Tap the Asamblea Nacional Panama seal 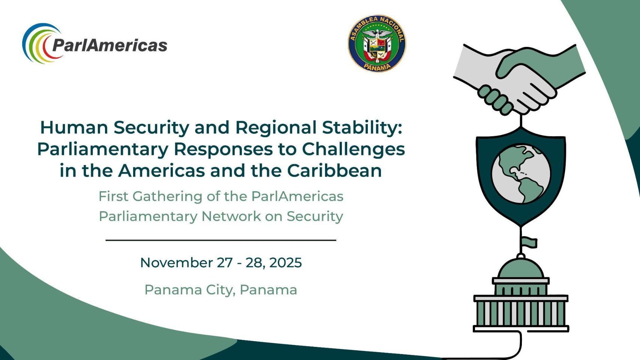click(x=377, y=43)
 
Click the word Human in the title click(x=74, y=127)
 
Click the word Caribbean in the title click(x=334, y=171)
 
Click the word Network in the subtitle click(x=231, y=216)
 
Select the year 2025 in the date click(x=285, y=262)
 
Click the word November click(x=177, y=262)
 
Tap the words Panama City click(x=190, y=290)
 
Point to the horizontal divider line click(x=221, y=240)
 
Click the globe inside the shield click(x=521, y=174)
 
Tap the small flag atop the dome click(x=529, y=243)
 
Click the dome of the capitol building click(x=520, y=268)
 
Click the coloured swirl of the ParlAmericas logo click(x=40, y=43)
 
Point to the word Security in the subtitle click(x=315, y=217)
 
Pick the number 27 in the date click(x=225, y=262)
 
